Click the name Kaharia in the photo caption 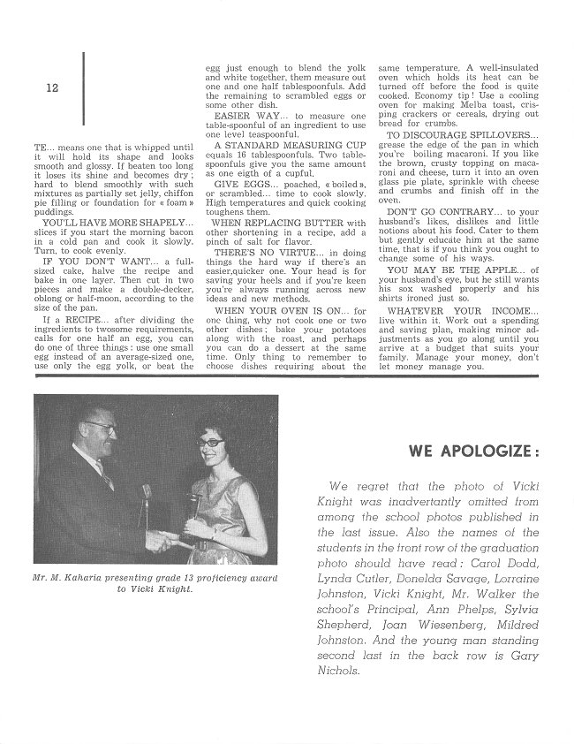coord(103,578)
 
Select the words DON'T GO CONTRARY coord(427,213)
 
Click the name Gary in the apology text coord(521,655)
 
